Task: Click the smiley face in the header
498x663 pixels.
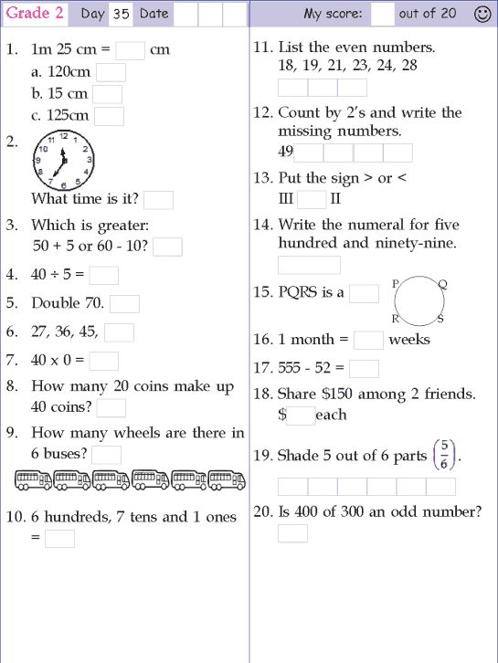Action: [482, 14]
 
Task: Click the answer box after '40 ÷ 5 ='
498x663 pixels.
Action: [104, 275]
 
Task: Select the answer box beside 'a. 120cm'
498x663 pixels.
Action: [111, 72]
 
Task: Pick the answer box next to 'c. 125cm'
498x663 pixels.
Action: [109, 116]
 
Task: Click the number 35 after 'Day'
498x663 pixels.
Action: [121, 14]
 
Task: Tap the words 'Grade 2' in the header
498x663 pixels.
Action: [35, 14]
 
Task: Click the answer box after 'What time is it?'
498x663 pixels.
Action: [159, 200]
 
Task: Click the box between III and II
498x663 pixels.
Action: [312, 199]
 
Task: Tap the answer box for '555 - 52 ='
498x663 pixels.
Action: [365, 369]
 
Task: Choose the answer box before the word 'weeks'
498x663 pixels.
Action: [368, 340]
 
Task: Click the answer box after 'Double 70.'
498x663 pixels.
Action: [125, 304]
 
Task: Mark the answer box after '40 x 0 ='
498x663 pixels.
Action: [104, 361]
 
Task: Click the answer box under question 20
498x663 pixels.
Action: [293, 533]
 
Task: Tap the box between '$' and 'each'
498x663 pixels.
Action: [301, 416]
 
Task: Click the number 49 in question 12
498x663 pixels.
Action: [285, 153]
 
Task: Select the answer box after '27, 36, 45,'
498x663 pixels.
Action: [119, 332]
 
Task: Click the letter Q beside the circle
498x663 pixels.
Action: [442, 284]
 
